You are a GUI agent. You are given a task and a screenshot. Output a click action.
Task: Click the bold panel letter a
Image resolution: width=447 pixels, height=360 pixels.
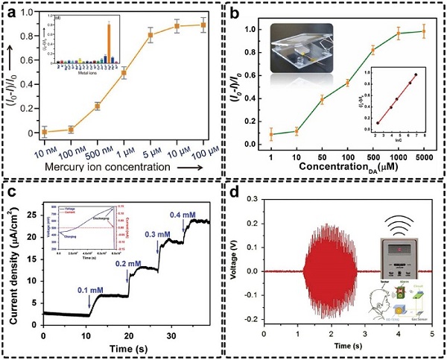click(x=10, y=11)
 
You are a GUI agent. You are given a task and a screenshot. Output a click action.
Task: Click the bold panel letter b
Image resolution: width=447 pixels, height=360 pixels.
click(x=235, y=11)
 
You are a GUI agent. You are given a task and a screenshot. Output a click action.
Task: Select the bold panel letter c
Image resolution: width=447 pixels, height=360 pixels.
click(x=10, y=191)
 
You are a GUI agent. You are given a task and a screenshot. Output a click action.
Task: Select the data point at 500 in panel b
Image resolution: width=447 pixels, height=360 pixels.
click(x=373, y=50)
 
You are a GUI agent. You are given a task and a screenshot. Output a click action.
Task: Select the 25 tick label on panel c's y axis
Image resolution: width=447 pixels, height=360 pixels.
click(x=32, y=214)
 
